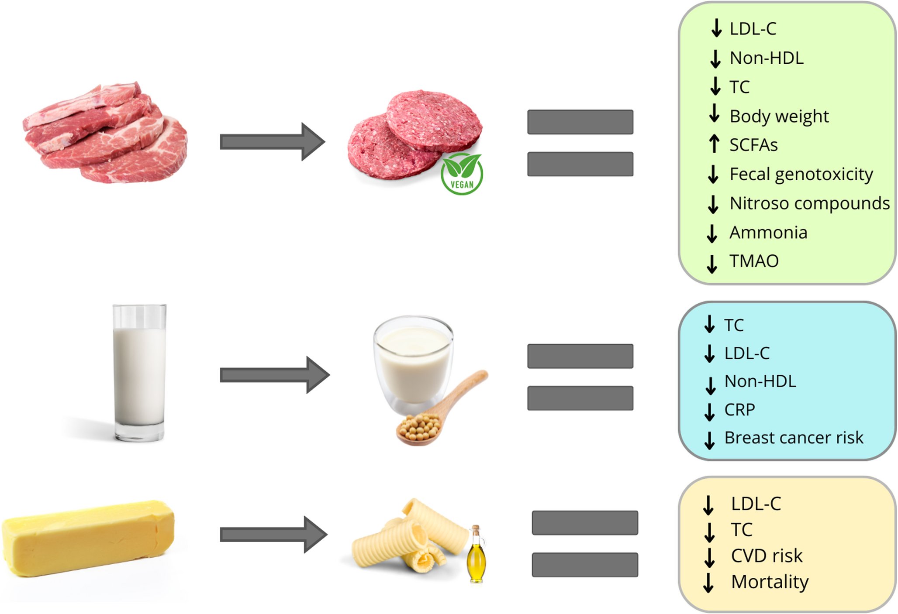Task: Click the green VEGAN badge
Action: click(462, 174)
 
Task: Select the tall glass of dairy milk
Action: click(139, 373)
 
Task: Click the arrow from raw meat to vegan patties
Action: click(272, 142)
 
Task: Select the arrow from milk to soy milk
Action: click(274, 375)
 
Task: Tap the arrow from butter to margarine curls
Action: click(273, 535)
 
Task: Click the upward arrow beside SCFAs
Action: click(714, 144)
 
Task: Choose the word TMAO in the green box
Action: click(754, 261)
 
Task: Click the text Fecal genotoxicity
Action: click(801, 174)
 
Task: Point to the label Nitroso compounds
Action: click(809, 203)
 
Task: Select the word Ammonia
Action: click(768, 233)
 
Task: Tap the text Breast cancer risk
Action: click(793, 438)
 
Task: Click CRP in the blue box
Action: click(739, 410)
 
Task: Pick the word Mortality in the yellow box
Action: click(770, 582)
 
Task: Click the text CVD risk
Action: click(767, 556)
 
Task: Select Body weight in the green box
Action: click(779, 117)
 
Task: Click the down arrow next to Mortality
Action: click(708, 583)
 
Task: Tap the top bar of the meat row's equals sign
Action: click(580, 122)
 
